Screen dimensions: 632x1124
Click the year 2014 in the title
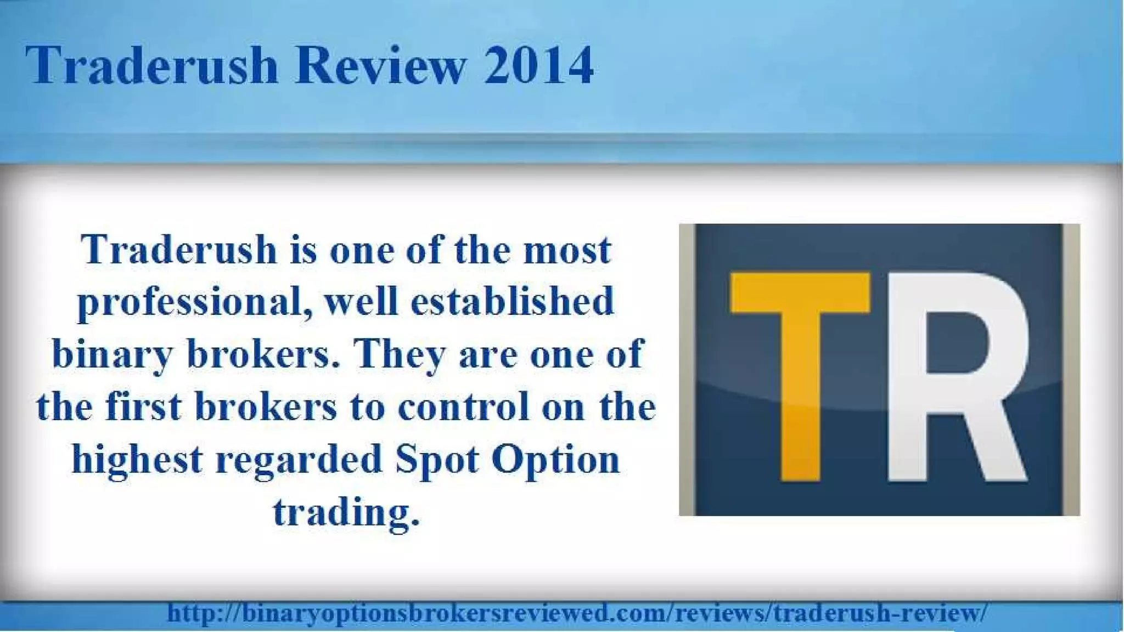[538, 66]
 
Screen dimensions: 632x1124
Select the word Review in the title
[381, 66]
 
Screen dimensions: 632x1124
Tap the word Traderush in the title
[151, 66]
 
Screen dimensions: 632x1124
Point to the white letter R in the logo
[956, 379]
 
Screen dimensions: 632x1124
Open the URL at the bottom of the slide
[576, 612]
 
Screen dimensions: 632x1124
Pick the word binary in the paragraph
[112, 355]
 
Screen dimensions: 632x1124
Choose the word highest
[137, 460]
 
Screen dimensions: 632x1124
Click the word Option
[555, 460]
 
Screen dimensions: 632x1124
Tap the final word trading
[346, 512]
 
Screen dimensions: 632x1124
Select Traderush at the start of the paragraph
[179, 250]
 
